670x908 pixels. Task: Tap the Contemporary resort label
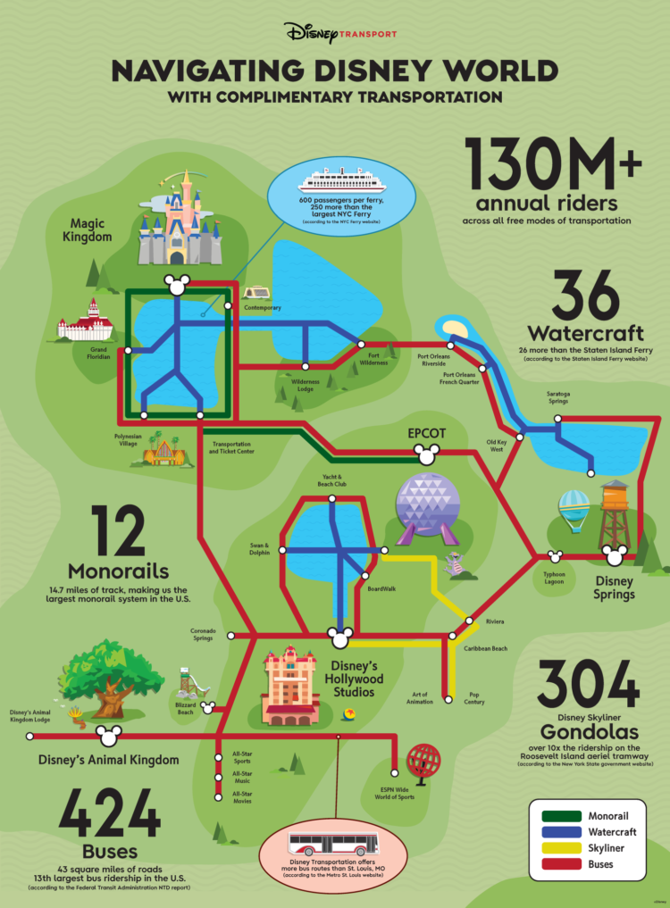click(263, 308)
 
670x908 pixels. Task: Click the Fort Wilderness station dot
click(362, 344)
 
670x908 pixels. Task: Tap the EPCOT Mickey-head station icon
click(425, 454)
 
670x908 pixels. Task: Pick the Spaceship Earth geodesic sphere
click(425, 505)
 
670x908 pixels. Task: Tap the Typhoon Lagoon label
click(555, 578)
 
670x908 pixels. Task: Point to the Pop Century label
click(474, 698)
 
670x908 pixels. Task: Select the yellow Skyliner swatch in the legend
click(558, 848)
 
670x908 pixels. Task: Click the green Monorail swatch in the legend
click(558, 816)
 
